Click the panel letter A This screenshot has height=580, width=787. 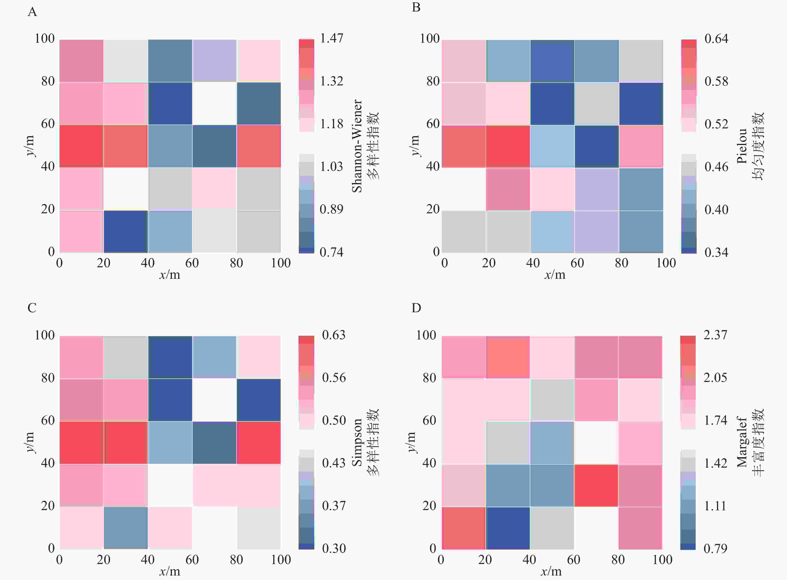tap(32, 12)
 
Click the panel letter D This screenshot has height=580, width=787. tap(416, 308)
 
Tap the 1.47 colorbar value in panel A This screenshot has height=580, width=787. tap(331, 38)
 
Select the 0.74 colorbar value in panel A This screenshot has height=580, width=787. tap(331, 252)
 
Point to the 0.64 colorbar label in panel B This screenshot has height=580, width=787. tap(716, 39)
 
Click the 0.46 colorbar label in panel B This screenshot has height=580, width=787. tap(716, 167)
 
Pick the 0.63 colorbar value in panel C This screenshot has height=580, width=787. tap(334, 335)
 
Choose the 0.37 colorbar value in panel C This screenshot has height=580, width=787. tap(334, 506)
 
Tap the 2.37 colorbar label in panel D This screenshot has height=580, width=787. tap(715, 335)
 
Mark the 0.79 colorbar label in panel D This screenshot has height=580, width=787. tap(715, 548)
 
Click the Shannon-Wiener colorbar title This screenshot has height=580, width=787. tap(357, 146)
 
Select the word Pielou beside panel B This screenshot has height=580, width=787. tap(742, 146)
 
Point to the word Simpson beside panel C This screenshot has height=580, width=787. tap(357, 442)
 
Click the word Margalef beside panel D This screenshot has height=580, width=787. tap(742, 442)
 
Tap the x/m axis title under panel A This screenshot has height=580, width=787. tap(170, 275)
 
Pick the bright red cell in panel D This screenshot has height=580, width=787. tap(596, 485)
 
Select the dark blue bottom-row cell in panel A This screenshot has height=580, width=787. tap(126, 231)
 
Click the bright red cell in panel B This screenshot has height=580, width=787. tap(508, 146)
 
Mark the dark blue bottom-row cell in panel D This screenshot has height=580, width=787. tap(508, 528)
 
